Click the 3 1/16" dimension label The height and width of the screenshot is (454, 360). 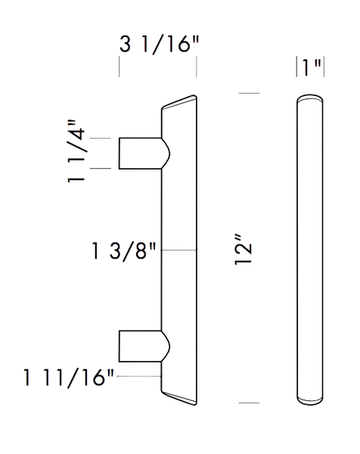(x=159, y=45)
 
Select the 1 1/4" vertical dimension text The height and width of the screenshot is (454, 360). (x=76, y=151)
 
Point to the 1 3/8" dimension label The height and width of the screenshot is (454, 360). (x=124, y=251)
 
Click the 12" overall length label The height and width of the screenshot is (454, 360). (x=244, y=250)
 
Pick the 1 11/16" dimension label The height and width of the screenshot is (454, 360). (x=69, y=378)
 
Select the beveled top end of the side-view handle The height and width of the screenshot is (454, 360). (x=179, y=103)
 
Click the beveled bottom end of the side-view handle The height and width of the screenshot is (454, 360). (x=179, y=397)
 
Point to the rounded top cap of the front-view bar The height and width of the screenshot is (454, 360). (x=310, y=98)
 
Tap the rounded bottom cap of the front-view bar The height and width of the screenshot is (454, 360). (x=310, y=400)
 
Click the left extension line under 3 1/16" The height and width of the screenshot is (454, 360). (x=119, y=67)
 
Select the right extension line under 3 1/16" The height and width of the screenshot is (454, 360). (x=197, y=67)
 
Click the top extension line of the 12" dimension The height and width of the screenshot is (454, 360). (x=249, y=93)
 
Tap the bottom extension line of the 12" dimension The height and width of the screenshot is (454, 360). (x=249, y=403)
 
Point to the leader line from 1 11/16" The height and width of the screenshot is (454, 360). (x=139, y=376)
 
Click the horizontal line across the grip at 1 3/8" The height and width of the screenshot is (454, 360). (x=178, y=250)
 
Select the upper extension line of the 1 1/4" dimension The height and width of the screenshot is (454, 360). (x=101, y=138)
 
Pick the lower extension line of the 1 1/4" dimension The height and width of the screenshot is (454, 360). (x=101, y=168)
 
